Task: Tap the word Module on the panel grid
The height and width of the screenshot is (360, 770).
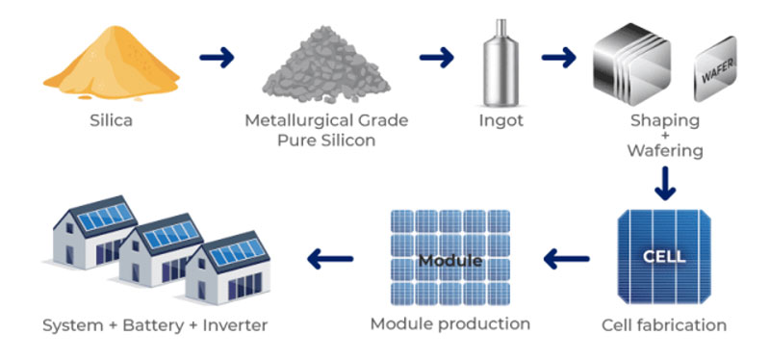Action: coord(449,260)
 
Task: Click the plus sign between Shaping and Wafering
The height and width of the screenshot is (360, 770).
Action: coord(664,136)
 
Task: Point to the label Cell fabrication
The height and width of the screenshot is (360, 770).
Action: coord(663,324)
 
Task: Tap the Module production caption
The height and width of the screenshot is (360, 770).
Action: coord(449,323)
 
